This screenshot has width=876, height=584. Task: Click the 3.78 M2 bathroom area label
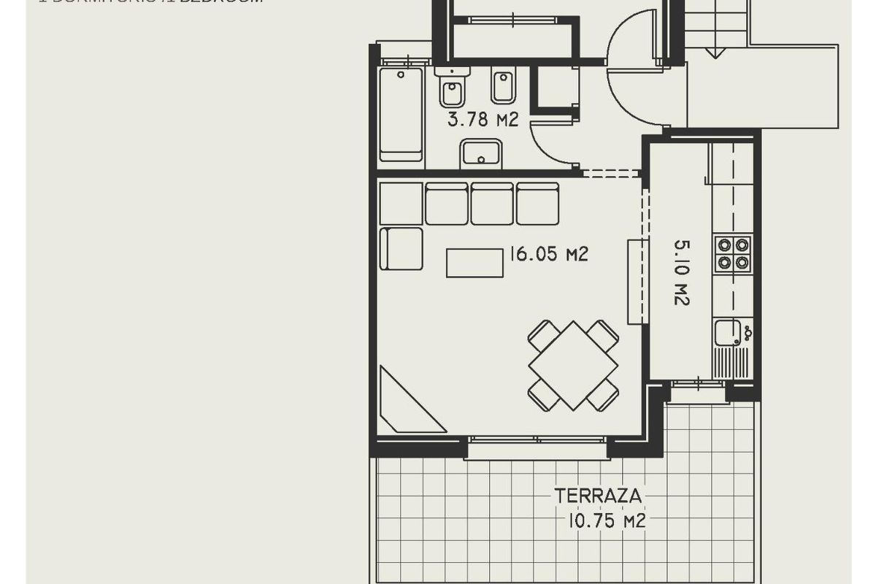point(483,119)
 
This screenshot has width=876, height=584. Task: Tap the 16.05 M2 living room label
point(549,254)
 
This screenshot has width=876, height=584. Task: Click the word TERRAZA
point(599,496)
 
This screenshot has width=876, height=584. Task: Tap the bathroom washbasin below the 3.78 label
point(480,153)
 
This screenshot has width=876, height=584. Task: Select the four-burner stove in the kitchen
point(733,253)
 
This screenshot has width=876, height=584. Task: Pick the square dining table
point(573,365)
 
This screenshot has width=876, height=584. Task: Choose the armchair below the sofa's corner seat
point(401,248)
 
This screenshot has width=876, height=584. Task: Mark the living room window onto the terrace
point(537,439)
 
